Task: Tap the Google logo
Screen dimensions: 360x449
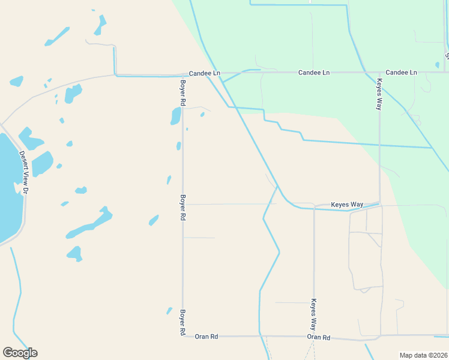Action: coord(20,353)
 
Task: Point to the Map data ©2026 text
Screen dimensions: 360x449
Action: coord(423,355)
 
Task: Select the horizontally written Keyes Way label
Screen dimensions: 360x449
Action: coord(347,205)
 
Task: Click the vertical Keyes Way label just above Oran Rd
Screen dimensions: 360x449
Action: coord(313,315)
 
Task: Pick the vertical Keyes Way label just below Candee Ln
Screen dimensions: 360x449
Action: coord(379,94)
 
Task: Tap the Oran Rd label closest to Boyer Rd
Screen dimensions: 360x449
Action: coord(205,337)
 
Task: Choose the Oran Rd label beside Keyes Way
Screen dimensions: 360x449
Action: coord(319,337)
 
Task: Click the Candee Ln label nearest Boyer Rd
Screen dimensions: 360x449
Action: coord(205,73)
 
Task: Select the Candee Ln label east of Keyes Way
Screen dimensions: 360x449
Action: coord(401,72)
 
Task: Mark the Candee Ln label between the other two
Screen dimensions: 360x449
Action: coord(314,72)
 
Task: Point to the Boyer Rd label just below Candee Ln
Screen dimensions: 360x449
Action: coord(182,94)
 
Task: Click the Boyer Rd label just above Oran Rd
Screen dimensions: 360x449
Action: coord(182,322)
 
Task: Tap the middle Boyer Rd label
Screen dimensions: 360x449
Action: coord(182,207)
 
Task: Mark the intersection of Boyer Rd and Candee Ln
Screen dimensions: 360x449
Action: coord(182,75)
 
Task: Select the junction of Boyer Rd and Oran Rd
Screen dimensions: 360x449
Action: coord(182,336)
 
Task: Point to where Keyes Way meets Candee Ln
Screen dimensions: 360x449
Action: coord(379,72)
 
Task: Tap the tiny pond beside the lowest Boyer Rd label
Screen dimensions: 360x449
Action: coord(169,311)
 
